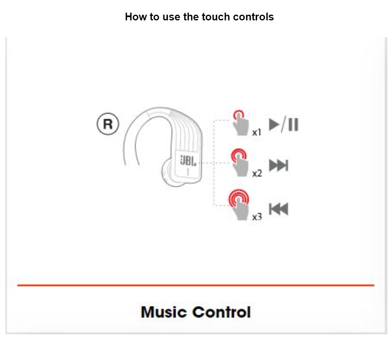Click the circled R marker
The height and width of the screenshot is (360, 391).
pyautogui.click(x=108, y=124)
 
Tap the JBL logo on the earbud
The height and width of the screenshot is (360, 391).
pyautogui.click(x=188, y=161)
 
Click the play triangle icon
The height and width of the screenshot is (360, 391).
pyautogui.click(x=274, y=124)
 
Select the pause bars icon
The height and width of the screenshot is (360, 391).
pyautogui.click(x=293, y=124)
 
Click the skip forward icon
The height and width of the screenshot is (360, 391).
pyautogui.click(x=279, y=166)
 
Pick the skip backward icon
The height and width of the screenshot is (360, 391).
pyautogui.click(x=279, y=209)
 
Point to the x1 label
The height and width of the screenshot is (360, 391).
pyautogui.click(x=257, y=133)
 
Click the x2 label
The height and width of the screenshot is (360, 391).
pyautogui.click(x=257, y=174)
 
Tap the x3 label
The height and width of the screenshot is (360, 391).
pyautogui.click(x=257, y=217)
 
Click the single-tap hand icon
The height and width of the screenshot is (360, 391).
pyautogui.click(x=240, y=123)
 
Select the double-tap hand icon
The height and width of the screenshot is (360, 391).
pyautogui.click(x=239, y=163)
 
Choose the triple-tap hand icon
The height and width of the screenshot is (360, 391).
pyautogui.click(x=239, y=205)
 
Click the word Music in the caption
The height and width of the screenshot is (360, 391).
pyautogui.click(x=164, y=312)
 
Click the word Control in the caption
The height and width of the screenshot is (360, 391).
pyautogui.click(x=222, y=312)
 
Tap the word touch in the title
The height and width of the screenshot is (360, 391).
pyautogui.click(x=216, y=17)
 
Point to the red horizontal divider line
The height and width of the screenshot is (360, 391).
pyautogui.click(x=196, y=285)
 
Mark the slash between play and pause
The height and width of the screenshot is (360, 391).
pyautogui.click(x=284, y=124)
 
